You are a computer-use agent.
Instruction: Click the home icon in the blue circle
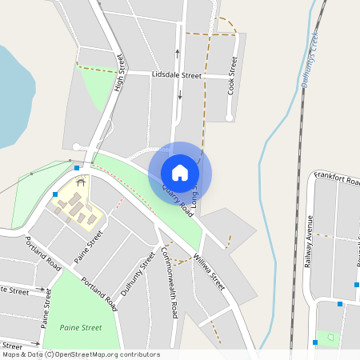180,173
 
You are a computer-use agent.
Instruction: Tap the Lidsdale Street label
176,74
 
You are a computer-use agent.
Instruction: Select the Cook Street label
234,76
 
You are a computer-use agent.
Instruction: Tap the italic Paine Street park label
81,327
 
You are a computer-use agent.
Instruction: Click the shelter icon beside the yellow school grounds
80,182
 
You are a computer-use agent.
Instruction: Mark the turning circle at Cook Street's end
230,118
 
